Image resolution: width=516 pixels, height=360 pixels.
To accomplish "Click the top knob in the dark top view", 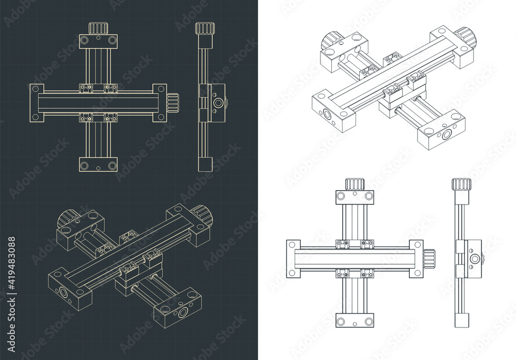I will click(98, 28).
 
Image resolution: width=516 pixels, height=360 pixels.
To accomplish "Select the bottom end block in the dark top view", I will click(98, 164).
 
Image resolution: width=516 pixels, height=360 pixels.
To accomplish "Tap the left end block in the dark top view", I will click(36, 103).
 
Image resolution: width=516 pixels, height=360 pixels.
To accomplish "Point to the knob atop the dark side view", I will click(205, 28).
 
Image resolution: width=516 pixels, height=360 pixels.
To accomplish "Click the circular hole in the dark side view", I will click(218, 103).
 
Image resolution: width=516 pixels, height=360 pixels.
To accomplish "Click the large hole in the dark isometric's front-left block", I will click(62, 293).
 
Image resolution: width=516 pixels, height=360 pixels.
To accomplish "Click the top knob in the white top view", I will click(355, 183).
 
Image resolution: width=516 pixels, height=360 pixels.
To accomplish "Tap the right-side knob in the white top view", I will click(430, 256).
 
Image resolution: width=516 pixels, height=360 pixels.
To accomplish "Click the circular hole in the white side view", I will click(474, 258).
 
